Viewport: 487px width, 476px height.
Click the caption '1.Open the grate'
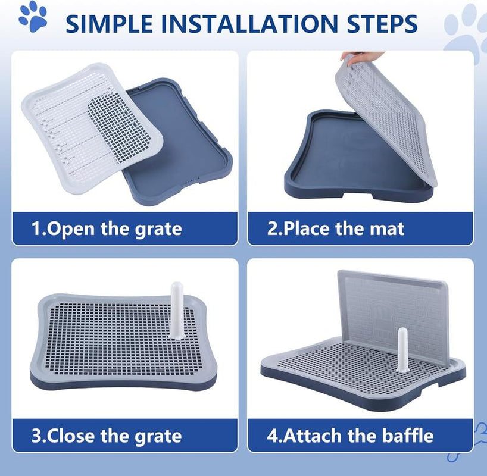tap(107, 228)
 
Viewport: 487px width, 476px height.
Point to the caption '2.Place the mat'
tap(336, 228)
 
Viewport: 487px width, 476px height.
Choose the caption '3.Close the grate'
tap(107, 436)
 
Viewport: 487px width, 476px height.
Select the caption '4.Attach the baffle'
tap(350, 436)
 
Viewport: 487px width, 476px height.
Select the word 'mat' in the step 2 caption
tap(388, 228)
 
